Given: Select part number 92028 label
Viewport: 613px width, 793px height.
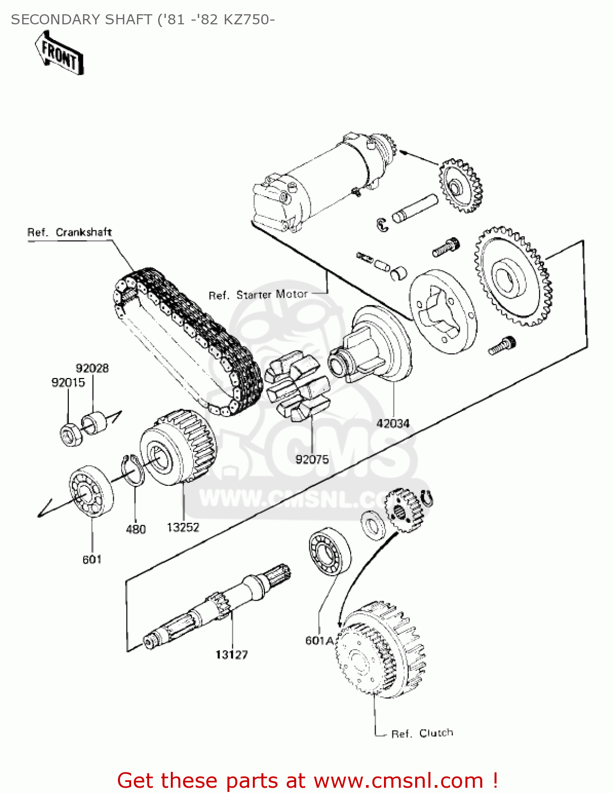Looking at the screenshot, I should (92, 368).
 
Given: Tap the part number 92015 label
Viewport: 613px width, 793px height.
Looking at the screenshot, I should (68, 382).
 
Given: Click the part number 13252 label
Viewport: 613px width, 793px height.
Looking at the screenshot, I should (183, 527).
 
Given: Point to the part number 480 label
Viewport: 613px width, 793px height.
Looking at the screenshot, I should (135, 529).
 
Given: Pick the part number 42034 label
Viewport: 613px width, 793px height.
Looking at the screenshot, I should (392, 423).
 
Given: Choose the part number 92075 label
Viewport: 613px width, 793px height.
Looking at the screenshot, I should (312, 459).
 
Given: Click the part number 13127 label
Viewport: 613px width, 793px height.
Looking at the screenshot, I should (231, 654).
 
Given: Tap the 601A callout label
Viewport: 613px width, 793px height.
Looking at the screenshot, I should (319, 640).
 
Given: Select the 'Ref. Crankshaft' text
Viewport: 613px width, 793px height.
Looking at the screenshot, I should (69, 232).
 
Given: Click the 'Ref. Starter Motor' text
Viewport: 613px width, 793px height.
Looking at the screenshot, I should (258, 294).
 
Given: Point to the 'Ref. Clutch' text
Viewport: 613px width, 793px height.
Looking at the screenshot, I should (422, 733).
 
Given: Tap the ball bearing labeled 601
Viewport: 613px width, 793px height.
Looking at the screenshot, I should (91, 491).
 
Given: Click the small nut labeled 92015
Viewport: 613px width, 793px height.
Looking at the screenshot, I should (69, 435).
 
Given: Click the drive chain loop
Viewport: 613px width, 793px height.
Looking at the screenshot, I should (185, 338).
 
